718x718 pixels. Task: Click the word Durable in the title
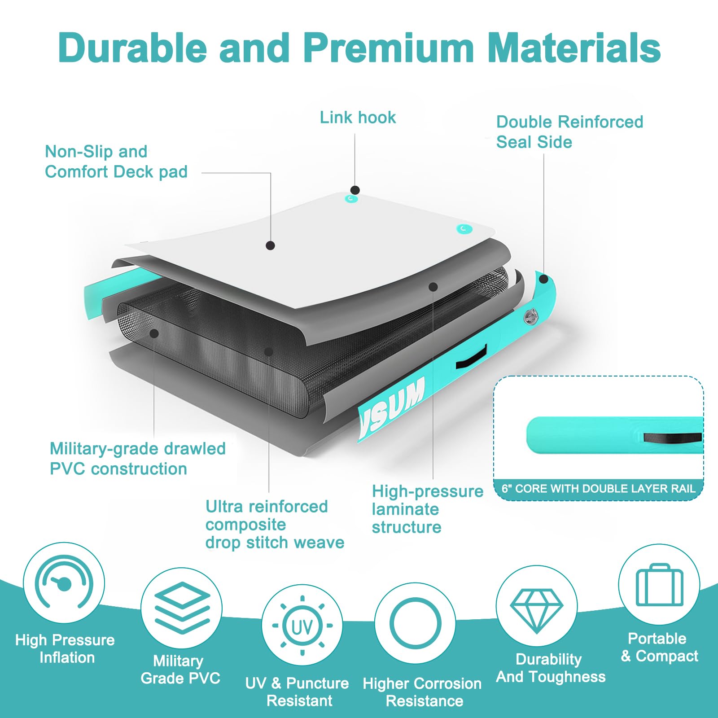(133, 48)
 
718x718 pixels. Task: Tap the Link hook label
(358, 118)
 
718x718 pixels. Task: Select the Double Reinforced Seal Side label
(569, 132)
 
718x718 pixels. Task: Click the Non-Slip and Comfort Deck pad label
(116, 162)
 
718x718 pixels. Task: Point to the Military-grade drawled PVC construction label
(137, 459)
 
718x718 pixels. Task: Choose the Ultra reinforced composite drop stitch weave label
(275, 525)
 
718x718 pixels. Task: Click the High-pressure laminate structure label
(427, 509)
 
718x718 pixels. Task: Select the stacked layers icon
(182, 608)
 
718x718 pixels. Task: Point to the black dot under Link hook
(355, 190)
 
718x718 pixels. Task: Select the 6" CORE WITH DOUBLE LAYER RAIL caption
(598, 489)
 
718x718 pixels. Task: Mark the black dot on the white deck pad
(270, 245)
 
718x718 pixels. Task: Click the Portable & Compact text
(659, 647)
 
